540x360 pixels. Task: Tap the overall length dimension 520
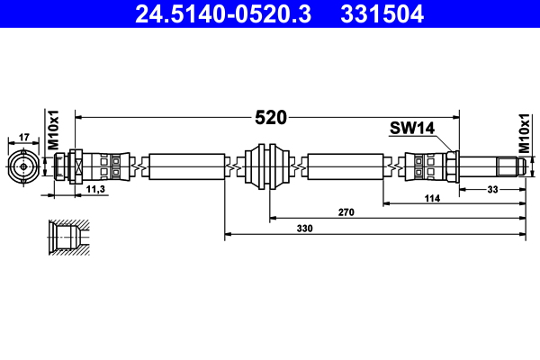tap(270, 117)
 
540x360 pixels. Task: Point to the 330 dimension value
tap(305, 229)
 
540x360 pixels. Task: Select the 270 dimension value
tap(346, 212)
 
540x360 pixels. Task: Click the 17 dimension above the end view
tap(24, 137)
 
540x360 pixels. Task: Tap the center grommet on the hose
tap(269, 166)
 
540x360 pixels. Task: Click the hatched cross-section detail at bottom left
tap(67, 238)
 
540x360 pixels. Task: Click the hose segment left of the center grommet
tap(187, 166)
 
